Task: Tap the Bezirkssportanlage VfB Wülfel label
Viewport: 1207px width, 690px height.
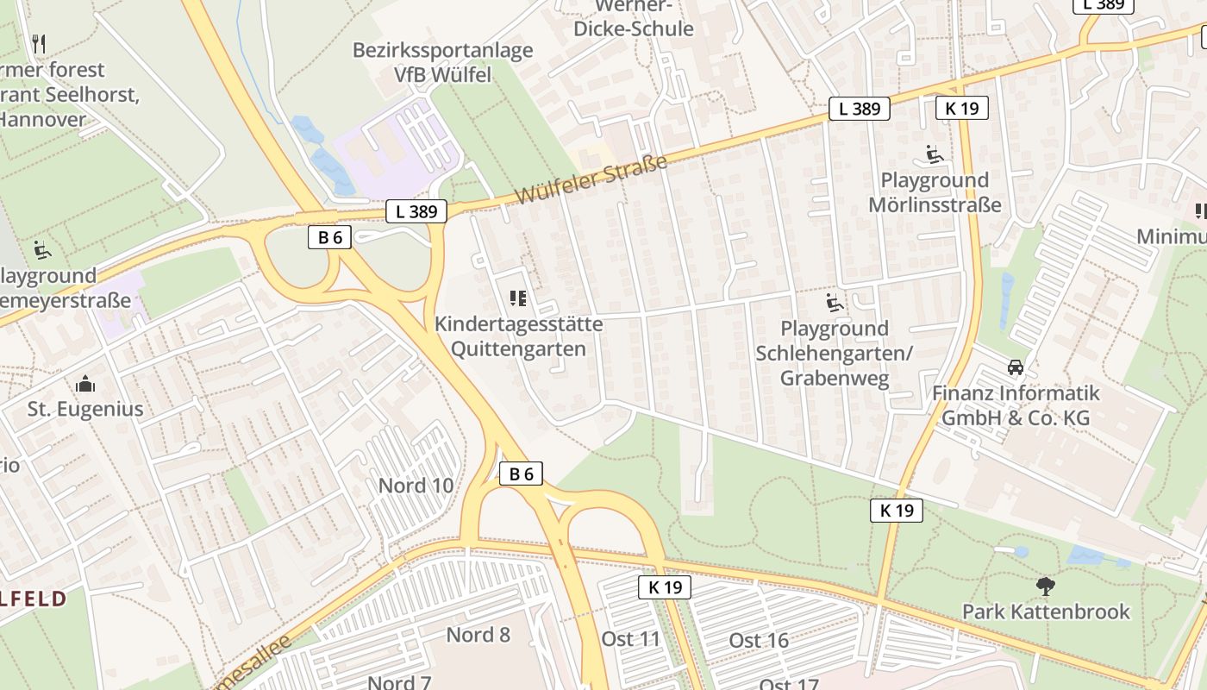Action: [442, 62]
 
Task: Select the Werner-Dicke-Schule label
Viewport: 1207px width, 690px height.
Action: [633, 18]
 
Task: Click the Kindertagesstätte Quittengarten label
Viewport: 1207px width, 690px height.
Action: [519, 336]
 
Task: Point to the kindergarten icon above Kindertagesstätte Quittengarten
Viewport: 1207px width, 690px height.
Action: [517, 299]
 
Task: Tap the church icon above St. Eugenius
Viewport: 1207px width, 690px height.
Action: [85, 383]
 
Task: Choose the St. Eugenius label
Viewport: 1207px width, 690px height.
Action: [85, 409]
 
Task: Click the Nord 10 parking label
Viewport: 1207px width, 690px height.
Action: [416, 486]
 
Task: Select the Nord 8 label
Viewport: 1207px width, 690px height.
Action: [478, 636]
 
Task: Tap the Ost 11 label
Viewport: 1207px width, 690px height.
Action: [630, 639]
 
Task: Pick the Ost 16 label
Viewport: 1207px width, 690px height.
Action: [759, 640]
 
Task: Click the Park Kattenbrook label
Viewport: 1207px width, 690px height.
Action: [1046, 612]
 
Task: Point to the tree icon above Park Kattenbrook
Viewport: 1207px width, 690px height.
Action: [1046, 586]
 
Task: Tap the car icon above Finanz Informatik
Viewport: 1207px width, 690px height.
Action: [1016, 367]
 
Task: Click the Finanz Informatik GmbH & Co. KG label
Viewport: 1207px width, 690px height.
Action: [1016, 405]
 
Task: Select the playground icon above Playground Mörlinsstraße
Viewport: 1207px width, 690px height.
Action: [934, 154]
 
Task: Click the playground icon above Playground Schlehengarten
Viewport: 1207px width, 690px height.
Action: [834, 303]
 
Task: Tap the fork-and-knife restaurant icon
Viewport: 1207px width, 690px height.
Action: [38, 43]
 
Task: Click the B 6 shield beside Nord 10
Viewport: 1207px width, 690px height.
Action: [521, 474]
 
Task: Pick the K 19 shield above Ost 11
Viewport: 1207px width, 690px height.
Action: [665, 588]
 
